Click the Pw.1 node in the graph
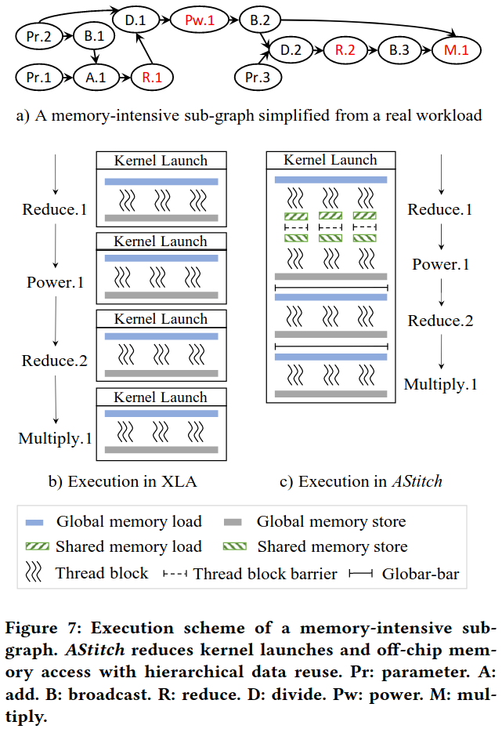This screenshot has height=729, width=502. coord(200,20)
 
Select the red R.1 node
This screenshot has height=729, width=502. coord(152,77)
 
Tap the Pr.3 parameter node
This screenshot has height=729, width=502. coord(258,77)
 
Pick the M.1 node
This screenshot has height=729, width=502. coord(457,49)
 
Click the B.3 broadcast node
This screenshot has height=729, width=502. coord(399,49)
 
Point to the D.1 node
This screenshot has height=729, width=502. coord(135,20)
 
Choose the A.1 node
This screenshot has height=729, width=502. coord(96,77)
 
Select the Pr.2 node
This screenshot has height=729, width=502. coord(39,36)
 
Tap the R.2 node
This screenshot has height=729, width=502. coord(345,49)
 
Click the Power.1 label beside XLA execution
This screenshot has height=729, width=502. coord(56,282)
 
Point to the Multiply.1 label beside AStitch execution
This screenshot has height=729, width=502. coord(440,385)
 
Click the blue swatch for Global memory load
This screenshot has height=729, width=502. coord(34,522)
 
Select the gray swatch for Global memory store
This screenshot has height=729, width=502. coord(233,522)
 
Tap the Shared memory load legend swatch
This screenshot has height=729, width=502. coord(37,547)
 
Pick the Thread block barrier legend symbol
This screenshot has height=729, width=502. coord(175,574)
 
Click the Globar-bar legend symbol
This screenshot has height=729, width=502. coord(361,574)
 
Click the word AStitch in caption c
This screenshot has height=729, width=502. coord(417,481)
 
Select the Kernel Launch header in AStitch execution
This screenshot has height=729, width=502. coord(330,160)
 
